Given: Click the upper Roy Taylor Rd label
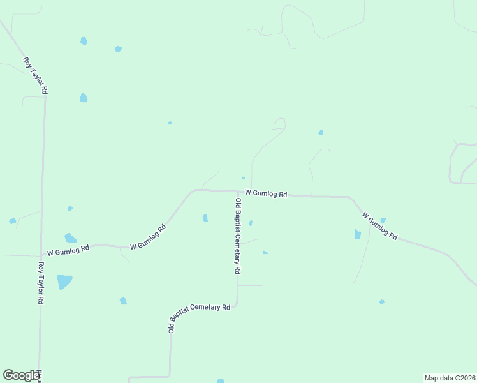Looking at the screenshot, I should click(x=35, y=76).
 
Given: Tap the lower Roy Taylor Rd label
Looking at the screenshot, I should click(x=41, y=283).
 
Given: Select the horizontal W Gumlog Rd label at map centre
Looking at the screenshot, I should click(x=266, y=193).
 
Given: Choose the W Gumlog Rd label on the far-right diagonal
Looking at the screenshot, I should click(x=379, y=226).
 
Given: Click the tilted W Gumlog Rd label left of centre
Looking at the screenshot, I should click(x=148, y=237).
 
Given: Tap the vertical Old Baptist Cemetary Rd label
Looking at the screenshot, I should click(x=237, y=236).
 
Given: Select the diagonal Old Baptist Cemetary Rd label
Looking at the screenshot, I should click(x=198, y=317).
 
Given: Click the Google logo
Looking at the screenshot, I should click(x=21, y=375).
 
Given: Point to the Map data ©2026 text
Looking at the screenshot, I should click(x=449, y=378).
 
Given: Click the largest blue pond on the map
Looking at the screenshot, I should click(x=64, y=282).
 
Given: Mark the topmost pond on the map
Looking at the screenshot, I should click(x=84, y=41).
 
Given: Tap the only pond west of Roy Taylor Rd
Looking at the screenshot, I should click(x=12, y=221).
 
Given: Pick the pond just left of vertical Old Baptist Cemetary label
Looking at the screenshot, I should click(x=205, y=218).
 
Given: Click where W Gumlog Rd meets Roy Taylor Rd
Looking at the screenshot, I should click(x=42, y=255).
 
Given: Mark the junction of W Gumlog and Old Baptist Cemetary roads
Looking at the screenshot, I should click(x=238, y=191).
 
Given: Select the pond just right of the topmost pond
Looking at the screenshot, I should click(x=118, y=49).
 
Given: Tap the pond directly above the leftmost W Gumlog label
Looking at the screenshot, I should click(x=70, y=238).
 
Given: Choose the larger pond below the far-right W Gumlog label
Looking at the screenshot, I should click(x=358, y=234).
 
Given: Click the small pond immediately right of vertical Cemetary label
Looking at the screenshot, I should click(x=251, y=223).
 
